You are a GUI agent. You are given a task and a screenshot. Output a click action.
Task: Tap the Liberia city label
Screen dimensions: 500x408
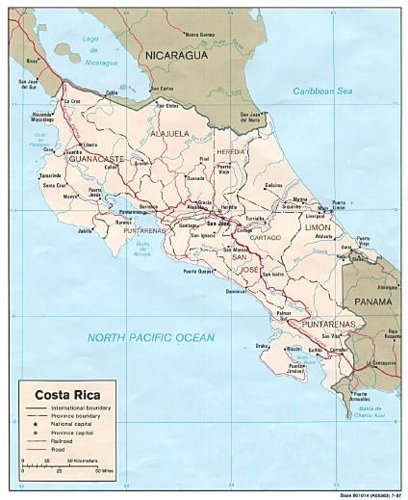click(x=77, y=145)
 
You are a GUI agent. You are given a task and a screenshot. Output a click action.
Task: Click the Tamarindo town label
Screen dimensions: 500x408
click(x=49, y=176)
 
